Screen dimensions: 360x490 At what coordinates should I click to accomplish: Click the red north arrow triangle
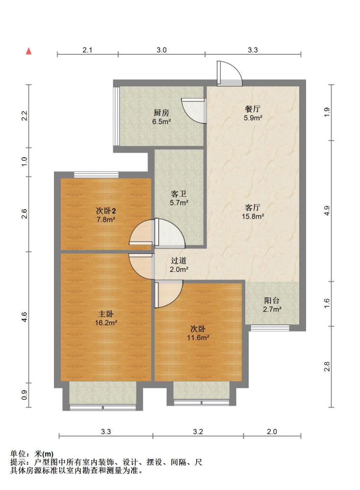pos(29,51)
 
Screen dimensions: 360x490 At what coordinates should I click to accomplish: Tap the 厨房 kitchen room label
pos(161,113)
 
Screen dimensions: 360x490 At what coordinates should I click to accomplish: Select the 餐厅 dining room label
pos(253,109)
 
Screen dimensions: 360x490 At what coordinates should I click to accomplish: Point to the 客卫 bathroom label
pos(179,194)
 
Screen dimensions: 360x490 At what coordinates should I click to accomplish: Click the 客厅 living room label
pos(253,207)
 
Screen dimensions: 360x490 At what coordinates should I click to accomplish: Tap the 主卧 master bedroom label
pos(106,314)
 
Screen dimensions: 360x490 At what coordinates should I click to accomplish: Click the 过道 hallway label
pos(179,260)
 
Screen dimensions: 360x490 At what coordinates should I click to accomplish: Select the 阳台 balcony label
pos(272,301)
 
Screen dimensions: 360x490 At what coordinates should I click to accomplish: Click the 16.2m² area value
pos(106,323)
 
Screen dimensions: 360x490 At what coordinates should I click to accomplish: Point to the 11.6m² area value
pos(198,338)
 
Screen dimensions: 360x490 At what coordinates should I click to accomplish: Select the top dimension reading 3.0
pos(161,50)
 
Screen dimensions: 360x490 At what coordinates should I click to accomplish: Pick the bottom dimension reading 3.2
pos(198,432)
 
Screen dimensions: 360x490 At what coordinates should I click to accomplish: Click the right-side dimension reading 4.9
pos(327,211)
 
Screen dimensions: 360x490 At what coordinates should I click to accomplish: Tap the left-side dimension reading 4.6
pos(25,317)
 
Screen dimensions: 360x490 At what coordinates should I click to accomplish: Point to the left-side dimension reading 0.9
pos(25,395)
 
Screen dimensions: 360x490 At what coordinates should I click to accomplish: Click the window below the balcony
pos(270,328)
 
